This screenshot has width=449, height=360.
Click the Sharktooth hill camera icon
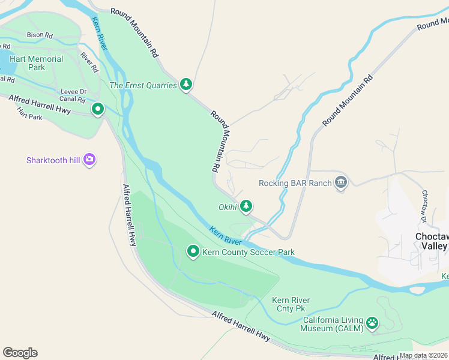coord(89,160)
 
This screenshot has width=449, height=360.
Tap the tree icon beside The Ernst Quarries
coord(186,85)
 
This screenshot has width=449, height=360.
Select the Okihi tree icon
coord(246,207)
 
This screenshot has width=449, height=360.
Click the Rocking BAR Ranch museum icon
coord(341,182)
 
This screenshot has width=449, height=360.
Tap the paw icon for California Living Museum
coord(372,324)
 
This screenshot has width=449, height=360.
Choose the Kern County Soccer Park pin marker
coord(193,252)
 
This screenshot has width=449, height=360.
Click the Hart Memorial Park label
coord(36,63)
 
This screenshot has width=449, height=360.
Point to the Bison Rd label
coord(35,35)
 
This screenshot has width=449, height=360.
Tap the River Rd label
coord(89,62)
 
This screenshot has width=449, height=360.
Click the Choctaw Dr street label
coord(425,204)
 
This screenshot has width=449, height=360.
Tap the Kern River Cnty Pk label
coord(290,304)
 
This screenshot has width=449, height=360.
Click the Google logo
coord(20,353)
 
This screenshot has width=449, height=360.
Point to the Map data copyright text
coord(423,356)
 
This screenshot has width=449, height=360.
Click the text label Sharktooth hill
coord(53,160)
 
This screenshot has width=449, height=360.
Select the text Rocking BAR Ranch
coord(295,183)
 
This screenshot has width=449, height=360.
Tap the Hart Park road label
coord(29,113)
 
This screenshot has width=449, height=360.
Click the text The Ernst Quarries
coord(143,85)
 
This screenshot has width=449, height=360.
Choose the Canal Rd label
coord(72,100)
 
